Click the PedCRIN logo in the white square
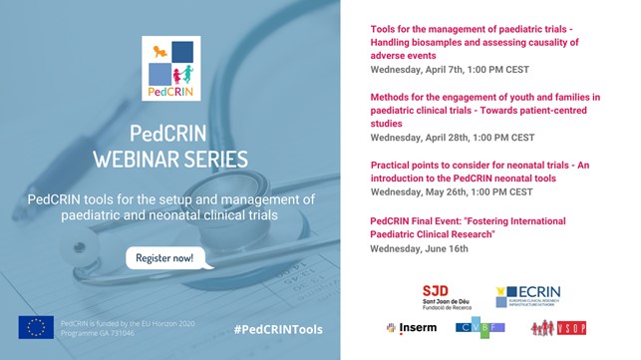[x=171, y=67]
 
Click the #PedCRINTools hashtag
[x=278, y=329]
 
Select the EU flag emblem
[x=36, y=328]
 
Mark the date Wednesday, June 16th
[x=420, y=248]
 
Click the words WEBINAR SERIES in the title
[x=170, y=161]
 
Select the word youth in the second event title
[x=544, y=97]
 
